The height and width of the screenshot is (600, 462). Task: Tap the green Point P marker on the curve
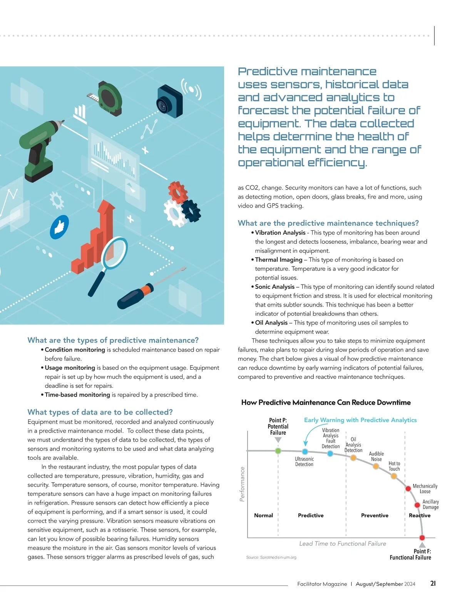278,451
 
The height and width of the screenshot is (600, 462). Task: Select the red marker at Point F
422,538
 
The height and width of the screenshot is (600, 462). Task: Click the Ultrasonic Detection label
304,461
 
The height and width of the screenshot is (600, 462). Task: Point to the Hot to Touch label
394,466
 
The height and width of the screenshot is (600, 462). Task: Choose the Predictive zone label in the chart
311,515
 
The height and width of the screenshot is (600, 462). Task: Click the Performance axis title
242,484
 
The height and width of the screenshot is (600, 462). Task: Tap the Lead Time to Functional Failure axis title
343,543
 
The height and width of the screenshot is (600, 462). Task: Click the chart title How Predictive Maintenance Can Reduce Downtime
326,402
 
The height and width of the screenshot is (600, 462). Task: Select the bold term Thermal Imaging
279,260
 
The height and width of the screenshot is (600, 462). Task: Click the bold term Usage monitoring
70,368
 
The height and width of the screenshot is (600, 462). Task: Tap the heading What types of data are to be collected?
100,412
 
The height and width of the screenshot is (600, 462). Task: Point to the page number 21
433,583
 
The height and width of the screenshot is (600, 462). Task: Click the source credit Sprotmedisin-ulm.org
271,557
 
